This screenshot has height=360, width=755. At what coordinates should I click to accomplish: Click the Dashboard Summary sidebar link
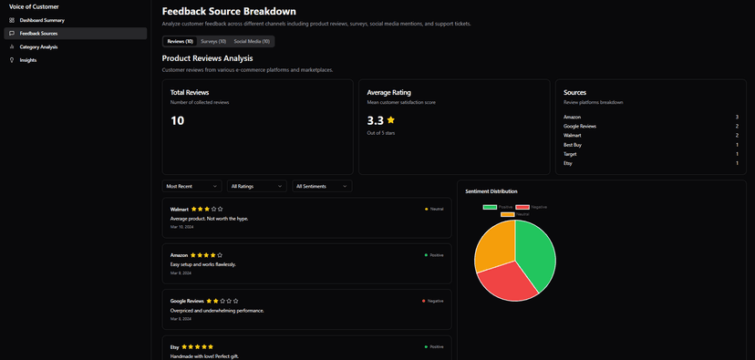(x=42, y=20)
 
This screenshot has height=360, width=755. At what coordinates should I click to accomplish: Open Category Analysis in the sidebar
(x=38, y=46)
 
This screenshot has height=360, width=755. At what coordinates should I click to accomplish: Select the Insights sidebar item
(x=28, y=60)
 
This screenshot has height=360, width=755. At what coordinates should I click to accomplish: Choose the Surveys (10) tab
(x=213, y=41)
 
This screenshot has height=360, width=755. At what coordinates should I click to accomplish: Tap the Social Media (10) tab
(x=252, y=41)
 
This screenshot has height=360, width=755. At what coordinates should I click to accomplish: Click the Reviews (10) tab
(x=180, y=41)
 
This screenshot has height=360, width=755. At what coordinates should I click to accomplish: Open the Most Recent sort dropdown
(x=192, y=186)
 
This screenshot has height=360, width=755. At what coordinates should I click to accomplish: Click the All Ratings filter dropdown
(x=257, y=186)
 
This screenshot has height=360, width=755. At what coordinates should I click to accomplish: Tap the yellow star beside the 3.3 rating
(x=391, y=119)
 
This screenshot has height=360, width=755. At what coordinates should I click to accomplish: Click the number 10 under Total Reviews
(x=178, y=120)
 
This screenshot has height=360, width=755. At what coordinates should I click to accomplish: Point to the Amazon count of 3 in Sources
(x=736, y=118)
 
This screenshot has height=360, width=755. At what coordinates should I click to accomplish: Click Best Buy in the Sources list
(x=574, y=145)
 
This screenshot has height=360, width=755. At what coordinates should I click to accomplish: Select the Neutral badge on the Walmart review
(x=434, y=209)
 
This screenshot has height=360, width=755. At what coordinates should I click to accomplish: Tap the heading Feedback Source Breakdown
(x=229, y=11)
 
